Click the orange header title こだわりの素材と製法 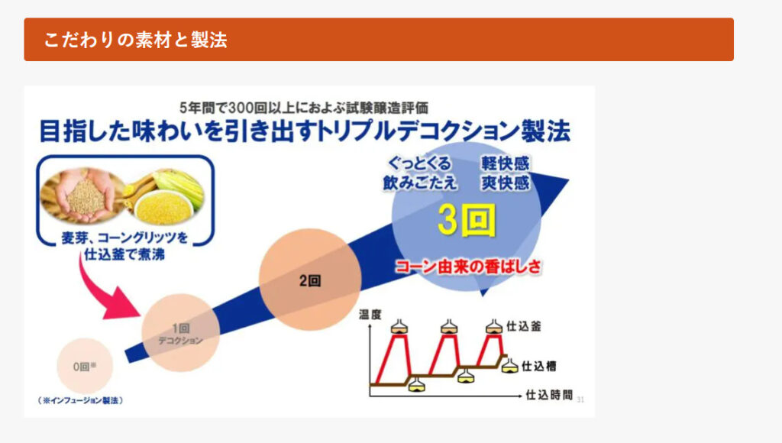click(135, 40)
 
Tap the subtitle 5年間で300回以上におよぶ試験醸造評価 click(303, 107)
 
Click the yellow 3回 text click(467, 220)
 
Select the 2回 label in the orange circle click(310, 281)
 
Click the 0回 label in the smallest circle click(84, 367)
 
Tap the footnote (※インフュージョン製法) click(80, 400)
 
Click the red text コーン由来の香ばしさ click(468, 267)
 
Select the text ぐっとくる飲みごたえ click(420, 173)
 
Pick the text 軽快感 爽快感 click(505, 173)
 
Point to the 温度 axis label click(370, 314)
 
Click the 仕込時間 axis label click(549, 395)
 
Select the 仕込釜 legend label click(524, 326)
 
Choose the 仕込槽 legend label click(538, 366)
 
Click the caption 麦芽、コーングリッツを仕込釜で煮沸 click(124, 246)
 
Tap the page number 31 click(580, 399)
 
